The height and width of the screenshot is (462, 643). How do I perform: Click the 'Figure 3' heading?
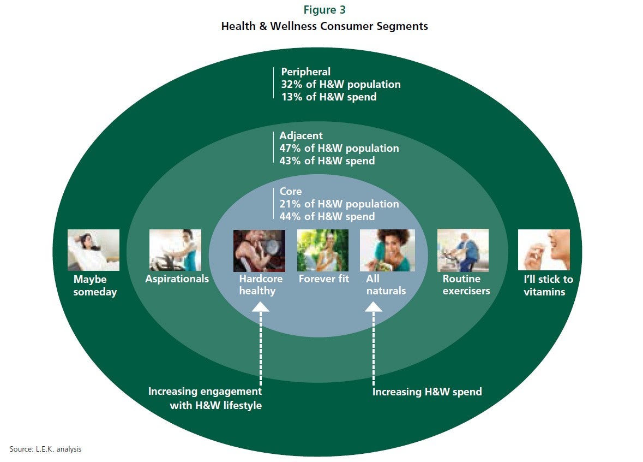click(324, 10)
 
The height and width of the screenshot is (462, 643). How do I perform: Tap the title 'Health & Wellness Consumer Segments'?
click(324, 26)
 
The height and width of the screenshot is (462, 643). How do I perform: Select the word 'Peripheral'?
click(305, 72)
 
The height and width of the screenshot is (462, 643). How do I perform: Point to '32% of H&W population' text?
click(341, 85)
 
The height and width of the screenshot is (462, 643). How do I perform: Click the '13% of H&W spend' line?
click(328, 97)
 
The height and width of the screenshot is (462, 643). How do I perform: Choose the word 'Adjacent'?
click(301, 136)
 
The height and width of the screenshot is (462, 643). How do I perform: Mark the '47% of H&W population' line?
click(339, 148)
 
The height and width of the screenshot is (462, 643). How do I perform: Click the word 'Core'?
click(290, 191)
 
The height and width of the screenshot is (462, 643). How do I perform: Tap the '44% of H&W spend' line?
click(327, 216)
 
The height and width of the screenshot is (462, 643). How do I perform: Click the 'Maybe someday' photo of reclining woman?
click(93, 250)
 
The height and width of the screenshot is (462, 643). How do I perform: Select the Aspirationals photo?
click(175, 250)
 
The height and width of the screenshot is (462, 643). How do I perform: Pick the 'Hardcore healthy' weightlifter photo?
click(259, 251)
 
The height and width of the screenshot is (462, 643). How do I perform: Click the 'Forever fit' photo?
click(323, 251)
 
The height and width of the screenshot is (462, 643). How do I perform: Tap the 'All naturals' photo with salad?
click(388, 251)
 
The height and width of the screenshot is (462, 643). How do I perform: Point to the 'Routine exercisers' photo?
click(463, 251)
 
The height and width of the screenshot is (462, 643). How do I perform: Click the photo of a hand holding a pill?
click(544, 250)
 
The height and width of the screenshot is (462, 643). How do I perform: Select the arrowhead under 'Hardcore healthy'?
click(260, 307)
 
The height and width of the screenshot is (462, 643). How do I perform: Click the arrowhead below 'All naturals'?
click(374, 307)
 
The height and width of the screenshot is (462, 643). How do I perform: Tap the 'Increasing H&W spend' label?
click(427, 392)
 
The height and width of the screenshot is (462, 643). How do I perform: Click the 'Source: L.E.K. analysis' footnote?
click(45, 449)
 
